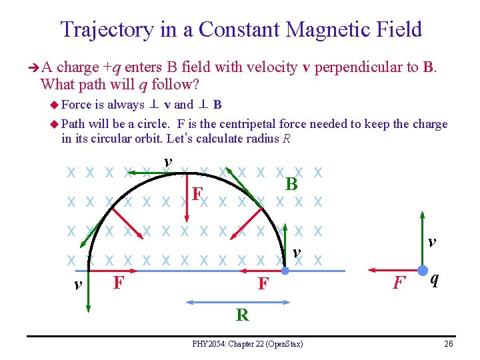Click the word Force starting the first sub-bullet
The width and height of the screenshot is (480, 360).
click(x=77, y=105)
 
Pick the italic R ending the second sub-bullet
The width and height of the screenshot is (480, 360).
click(x=287, y=139)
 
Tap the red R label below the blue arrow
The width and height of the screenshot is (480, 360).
click(x=242, y=315)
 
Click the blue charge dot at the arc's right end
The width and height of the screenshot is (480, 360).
click(x=284, y=271)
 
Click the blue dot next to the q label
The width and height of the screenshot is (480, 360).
click(x=422, y=271)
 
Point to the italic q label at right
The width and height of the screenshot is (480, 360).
click(x=434, y=279)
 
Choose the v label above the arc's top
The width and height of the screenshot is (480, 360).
click(x=168, y=161)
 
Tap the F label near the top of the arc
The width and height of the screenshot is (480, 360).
click(x=197, y=195)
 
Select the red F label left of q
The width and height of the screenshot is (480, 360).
click(x=399, y=283)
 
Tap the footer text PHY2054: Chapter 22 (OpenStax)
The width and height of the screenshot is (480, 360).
click(x=247, y=344)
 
